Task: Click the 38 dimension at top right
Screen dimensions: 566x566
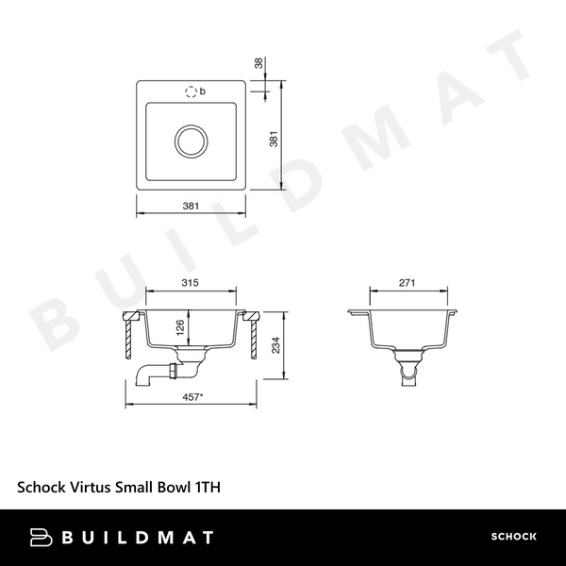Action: tap(259, 63)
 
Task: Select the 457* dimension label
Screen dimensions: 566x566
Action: tap(193, 397)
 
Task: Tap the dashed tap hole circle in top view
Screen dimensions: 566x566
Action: tap(192, 92)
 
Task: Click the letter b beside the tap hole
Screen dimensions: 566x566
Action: tap(205, 91)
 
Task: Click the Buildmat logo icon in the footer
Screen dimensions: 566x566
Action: tap(42, 538)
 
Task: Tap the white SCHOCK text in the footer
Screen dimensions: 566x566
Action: tap(513, 538)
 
